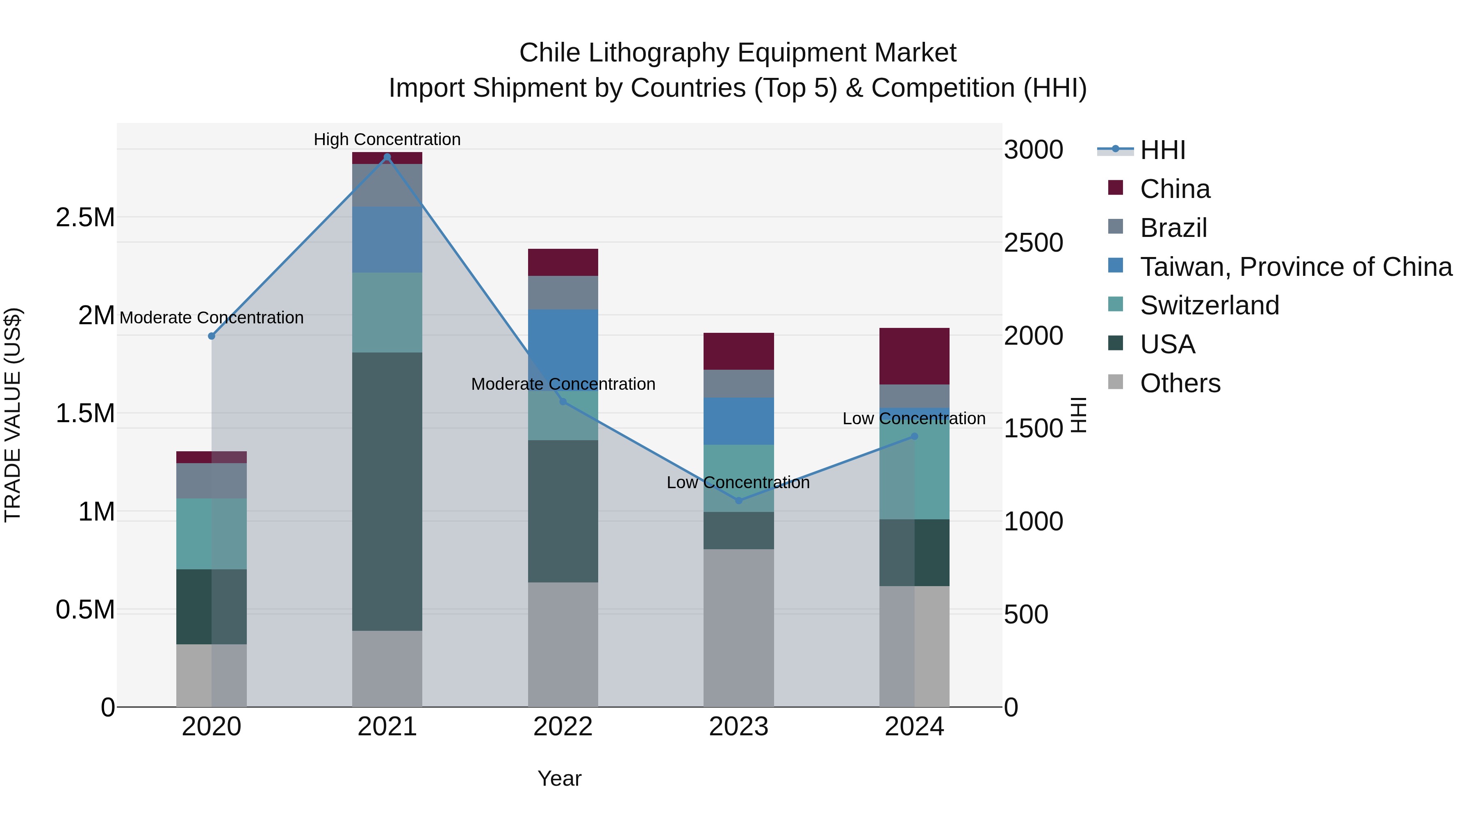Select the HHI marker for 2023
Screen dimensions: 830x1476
tap(738, 500)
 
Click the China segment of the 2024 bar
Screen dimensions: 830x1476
tap(914, 356)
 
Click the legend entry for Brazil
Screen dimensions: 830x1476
tap(1173, 227)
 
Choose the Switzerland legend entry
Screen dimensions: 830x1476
tap(1209, 305)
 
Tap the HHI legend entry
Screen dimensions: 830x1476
tap(1162, 150)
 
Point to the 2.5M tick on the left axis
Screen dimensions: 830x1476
tap(85, 218)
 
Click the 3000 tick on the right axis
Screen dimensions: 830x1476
tap(1033, 150)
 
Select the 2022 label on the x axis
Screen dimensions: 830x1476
tap(563, 727)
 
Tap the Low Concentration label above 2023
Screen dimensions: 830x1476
tap(738, 482)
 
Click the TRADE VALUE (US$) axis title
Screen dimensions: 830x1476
tap(13, 415)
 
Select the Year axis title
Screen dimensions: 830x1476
tap(559, 778)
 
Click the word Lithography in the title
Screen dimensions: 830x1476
tap(659, 53)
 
